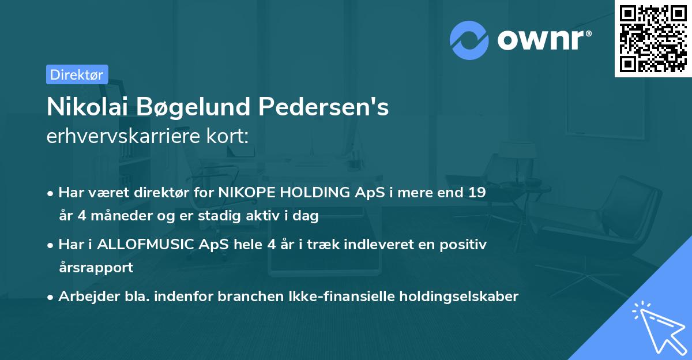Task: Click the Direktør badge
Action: click(x=77, y=74)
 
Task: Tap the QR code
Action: click(x=653, y=38)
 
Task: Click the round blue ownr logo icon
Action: click(x=469, y=40)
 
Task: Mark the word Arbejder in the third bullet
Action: click(x=84, y=297)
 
